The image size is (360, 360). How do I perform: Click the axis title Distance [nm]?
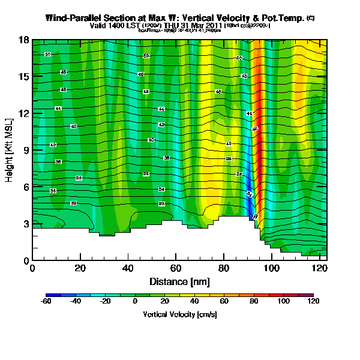click(179, 281)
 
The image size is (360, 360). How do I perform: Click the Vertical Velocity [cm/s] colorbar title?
click(179, 314)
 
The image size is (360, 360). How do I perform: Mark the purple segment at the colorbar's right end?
click(310, 296)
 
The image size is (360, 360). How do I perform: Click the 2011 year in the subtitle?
click(215, 26)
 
